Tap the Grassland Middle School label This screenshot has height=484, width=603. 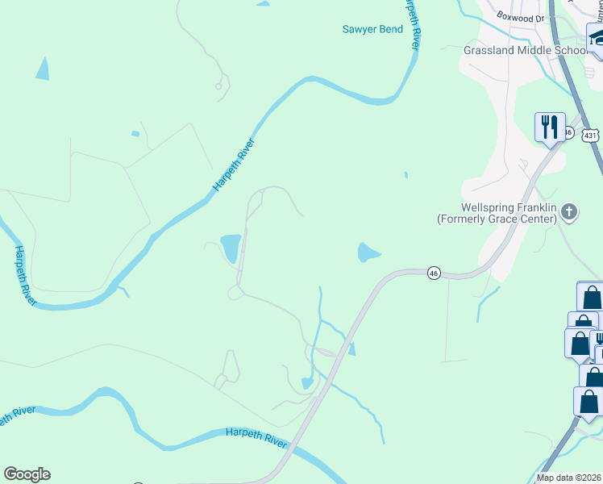click(x=526, y=50)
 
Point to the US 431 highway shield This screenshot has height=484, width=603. click(x=590, y=136)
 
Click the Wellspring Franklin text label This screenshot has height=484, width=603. click(x=509, y=207)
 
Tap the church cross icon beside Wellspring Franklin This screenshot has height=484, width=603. click(x=569, y=212)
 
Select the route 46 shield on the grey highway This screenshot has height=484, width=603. click(x=434, y=273)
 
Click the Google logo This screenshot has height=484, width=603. click(x=27, y=474)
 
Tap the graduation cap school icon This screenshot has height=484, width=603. click(x=597, y=38)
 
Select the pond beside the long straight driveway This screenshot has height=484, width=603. click(x=231, y=247)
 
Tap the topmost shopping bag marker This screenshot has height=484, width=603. click(x=591, y=296)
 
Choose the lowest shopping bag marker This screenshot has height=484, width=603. click(x=588, y=401)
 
